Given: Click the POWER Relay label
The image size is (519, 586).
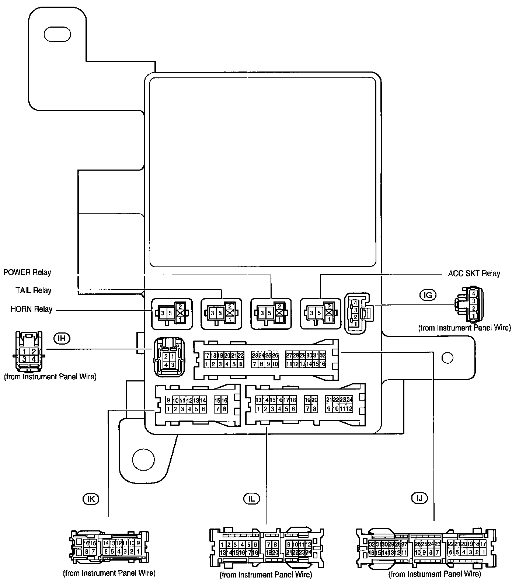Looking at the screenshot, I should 27,273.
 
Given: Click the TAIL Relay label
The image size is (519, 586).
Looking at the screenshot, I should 33,290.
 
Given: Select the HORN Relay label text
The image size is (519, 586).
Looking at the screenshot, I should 31,309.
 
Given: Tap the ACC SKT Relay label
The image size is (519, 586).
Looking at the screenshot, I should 474,273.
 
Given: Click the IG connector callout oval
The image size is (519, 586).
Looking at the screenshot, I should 428,294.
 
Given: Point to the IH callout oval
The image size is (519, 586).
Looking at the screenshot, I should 62,338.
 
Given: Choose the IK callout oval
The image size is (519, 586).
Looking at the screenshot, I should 91,499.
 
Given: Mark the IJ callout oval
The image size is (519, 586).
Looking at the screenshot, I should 419,498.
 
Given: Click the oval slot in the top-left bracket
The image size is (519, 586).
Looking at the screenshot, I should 57,34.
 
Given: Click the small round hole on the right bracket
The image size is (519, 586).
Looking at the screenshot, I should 447,357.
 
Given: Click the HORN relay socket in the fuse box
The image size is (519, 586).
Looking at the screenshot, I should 172,313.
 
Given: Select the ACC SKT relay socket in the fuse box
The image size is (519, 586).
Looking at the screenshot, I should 321,313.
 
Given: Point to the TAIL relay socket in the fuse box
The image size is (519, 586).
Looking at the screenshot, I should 221,313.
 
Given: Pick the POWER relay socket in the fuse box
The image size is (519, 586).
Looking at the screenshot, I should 270,313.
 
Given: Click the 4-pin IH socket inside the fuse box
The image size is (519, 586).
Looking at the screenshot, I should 168,357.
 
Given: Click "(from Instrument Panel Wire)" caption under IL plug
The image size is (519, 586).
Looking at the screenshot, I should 265,575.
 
